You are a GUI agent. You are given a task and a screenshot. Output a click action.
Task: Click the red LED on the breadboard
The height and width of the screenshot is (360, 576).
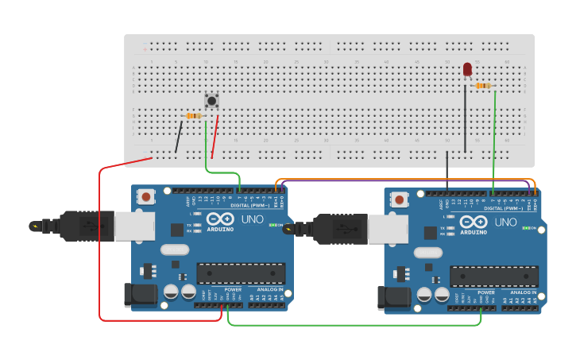(x=466, y=70)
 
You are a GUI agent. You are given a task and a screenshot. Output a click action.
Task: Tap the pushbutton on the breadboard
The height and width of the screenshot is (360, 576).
(x=211, y=100)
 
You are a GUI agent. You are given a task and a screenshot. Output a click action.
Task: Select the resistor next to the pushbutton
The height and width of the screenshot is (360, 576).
(x=193, y=116)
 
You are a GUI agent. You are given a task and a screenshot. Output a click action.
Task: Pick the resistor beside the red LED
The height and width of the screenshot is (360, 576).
(x=482, y=86)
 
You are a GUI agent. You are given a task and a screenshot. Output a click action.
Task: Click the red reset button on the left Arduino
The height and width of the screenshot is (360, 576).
(x=146, y=196)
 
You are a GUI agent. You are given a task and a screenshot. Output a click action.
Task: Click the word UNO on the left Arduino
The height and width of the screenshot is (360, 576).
(x=252, y=219)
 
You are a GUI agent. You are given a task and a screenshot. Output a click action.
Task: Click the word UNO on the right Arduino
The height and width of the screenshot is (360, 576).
(x=505, y=223)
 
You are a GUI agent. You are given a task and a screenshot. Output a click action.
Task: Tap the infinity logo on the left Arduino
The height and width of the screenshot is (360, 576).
(x=219, y=219)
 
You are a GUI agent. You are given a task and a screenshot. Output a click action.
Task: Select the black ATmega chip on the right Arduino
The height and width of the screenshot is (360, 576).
(x=493, y=276)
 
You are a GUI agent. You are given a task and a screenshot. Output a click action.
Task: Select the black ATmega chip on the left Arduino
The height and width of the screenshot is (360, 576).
(x=240, y=273)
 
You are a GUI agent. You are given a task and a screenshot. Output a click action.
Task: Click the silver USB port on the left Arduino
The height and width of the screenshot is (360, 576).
(x=134, y=226)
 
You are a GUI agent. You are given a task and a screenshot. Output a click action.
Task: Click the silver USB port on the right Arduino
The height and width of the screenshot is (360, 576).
(x=388, y=230)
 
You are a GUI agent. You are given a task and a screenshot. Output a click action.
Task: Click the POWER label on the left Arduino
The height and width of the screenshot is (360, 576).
(x=232, y=289)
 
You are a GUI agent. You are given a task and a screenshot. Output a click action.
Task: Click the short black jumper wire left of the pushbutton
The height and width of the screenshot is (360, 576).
(x=179, y=137)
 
